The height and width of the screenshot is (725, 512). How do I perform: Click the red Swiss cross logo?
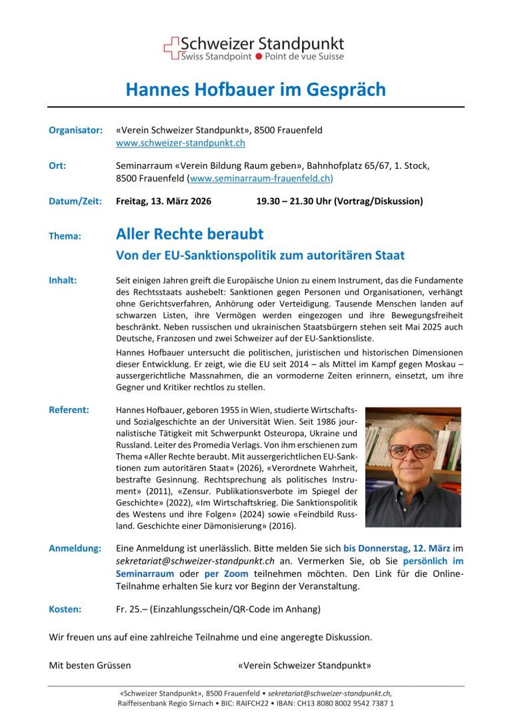172,48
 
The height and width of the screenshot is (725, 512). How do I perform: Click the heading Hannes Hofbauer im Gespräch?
255,89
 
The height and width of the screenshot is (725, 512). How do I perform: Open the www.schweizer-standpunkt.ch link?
181,143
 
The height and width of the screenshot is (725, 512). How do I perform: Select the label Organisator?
75,130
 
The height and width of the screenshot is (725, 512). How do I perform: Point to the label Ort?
57,165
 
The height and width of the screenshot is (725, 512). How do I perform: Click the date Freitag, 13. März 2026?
163,201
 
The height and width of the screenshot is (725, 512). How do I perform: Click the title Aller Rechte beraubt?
189,234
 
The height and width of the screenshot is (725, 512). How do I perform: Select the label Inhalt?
63,280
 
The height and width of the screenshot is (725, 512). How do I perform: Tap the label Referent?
69,410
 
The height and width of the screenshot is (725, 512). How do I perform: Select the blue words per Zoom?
226,574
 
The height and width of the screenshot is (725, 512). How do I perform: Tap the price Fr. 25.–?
131,609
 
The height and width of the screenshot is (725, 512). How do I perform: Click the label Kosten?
65,609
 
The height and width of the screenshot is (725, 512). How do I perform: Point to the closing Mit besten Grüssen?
90,665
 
